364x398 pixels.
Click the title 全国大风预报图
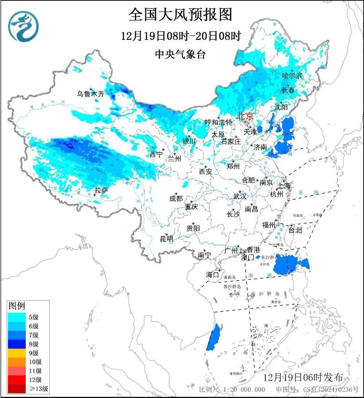180,15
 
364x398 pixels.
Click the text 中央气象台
180,54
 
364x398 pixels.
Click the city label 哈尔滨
292,76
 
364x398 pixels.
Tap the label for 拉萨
101,191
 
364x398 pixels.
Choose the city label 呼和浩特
218,122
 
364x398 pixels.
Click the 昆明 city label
167,239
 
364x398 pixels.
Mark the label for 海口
212,274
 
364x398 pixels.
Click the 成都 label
176,198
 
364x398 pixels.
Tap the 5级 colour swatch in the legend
18,317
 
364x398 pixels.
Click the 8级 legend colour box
18,344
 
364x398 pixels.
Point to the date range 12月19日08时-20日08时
180,36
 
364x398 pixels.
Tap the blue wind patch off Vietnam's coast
214,336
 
